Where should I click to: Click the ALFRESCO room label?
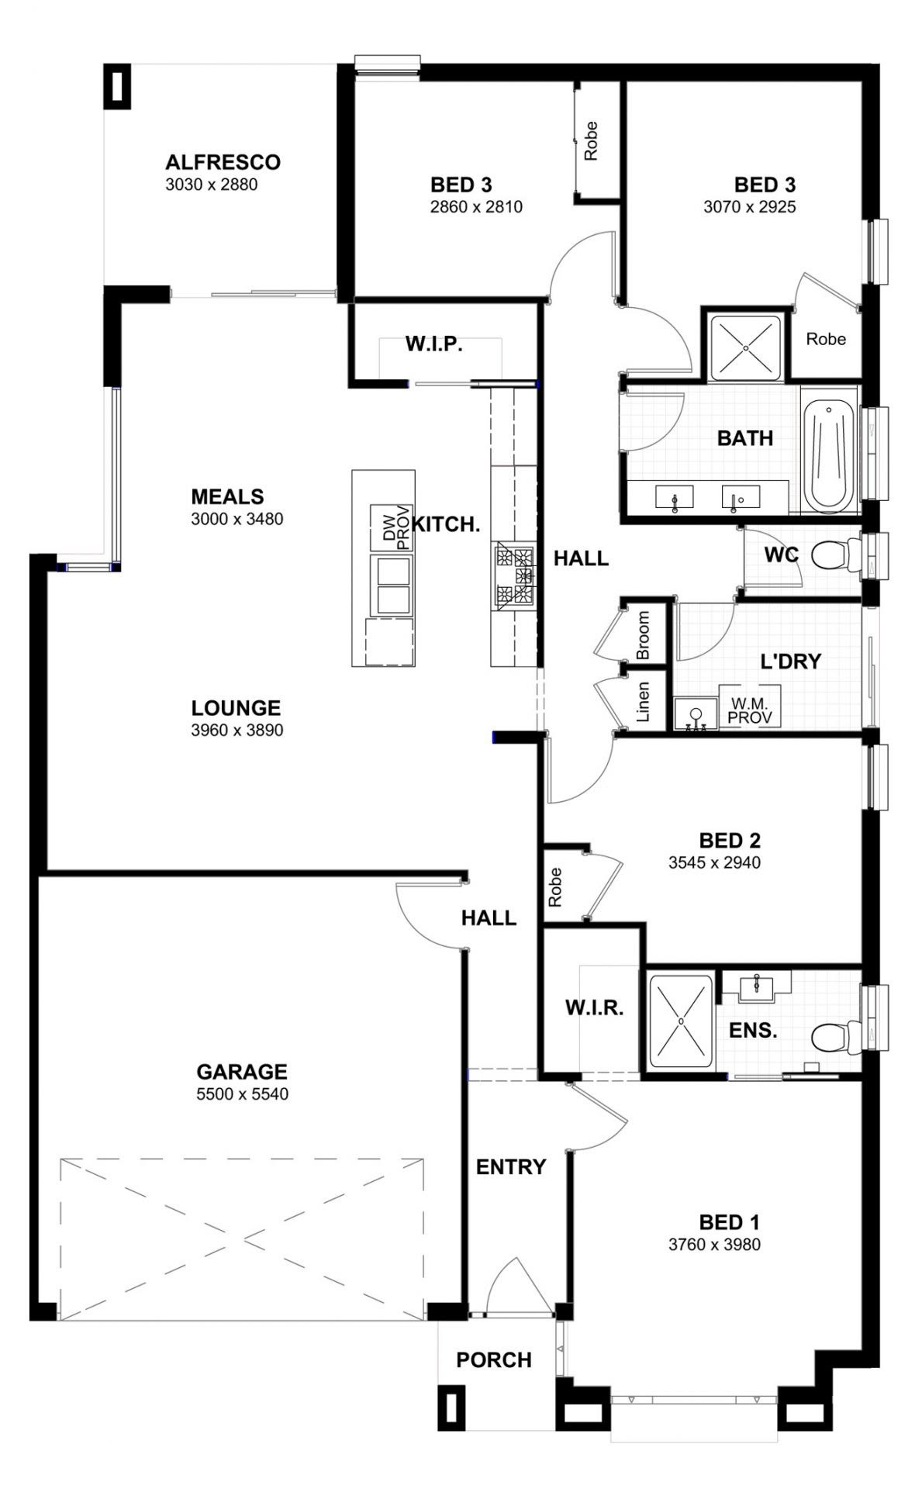point(223,162)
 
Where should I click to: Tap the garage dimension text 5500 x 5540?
point(242,1094)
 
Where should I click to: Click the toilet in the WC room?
point(834,555)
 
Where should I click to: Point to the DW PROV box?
point(394,528)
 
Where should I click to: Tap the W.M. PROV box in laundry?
point(749,710)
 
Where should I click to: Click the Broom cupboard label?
point(643,634)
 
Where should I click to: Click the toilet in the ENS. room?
point(834,1036)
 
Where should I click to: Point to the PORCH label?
point(494,1359)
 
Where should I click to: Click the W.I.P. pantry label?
point(434,344)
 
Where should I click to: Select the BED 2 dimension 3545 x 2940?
point(714,862)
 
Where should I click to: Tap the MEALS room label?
point(227,496)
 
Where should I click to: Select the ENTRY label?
point(510,1166)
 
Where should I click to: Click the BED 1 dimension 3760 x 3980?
point(714,1245)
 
